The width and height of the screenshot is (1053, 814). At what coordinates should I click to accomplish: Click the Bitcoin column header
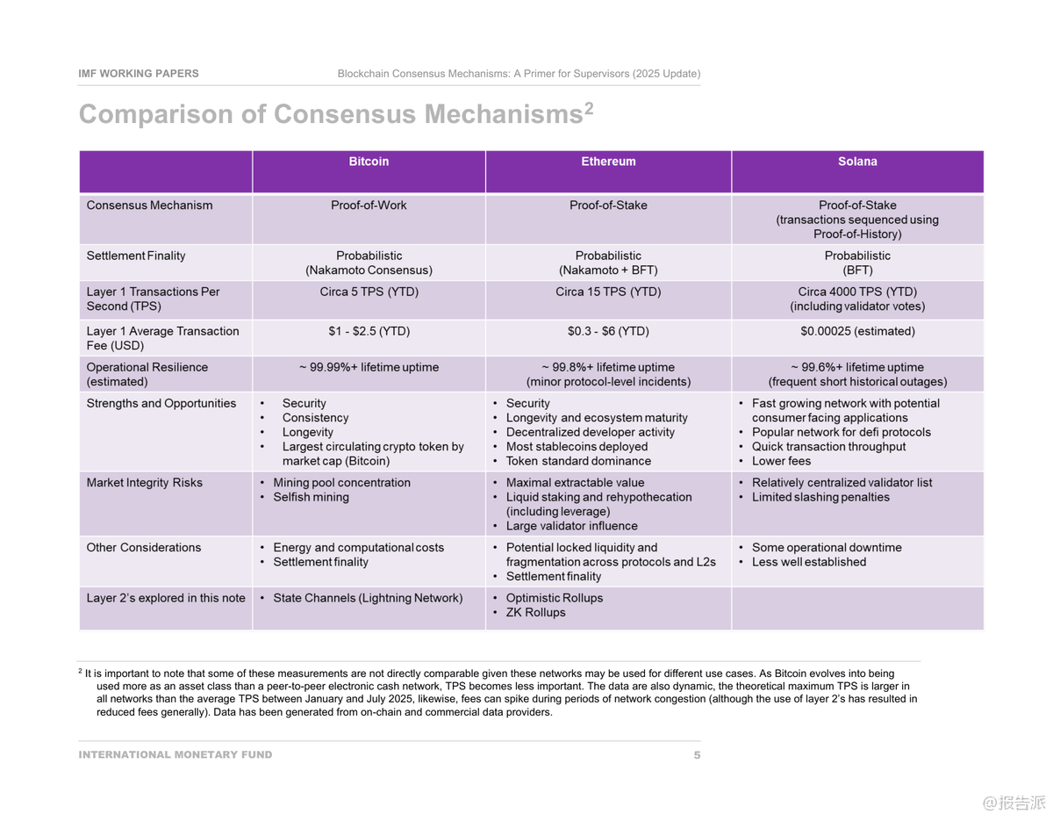point(369,162)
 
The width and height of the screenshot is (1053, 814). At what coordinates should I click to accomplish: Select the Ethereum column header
point(608,162)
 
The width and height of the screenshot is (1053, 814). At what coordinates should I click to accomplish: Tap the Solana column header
point(857,162)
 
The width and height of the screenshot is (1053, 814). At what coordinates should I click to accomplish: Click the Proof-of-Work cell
point(369,205)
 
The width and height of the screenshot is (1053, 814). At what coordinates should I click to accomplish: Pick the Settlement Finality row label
point(136,256)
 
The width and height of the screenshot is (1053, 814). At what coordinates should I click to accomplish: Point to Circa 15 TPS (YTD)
point(608,292)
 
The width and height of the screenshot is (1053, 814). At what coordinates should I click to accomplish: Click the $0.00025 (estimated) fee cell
point(857,331)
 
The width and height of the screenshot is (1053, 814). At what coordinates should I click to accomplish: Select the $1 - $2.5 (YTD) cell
point(369,331)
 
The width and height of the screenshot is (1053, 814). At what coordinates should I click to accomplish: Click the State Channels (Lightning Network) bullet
point(367,598)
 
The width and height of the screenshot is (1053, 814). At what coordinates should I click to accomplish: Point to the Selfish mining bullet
point(311,497)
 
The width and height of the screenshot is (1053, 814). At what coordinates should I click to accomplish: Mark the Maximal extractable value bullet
point(575,483)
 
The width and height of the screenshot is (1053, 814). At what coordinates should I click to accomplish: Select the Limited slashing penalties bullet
point(820,497)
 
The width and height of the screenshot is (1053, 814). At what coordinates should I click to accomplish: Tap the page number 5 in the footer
point(697,755)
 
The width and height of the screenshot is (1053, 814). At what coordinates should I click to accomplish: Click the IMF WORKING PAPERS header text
point(139,74)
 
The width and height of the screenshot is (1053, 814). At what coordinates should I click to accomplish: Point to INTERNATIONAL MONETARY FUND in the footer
point(175,755)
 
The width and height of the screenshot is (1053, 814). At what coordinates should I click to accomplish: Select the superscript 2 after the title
point(589,108)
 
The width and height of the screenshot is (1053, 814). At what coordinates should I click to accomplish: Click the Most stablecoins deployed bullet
point(577,447)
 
